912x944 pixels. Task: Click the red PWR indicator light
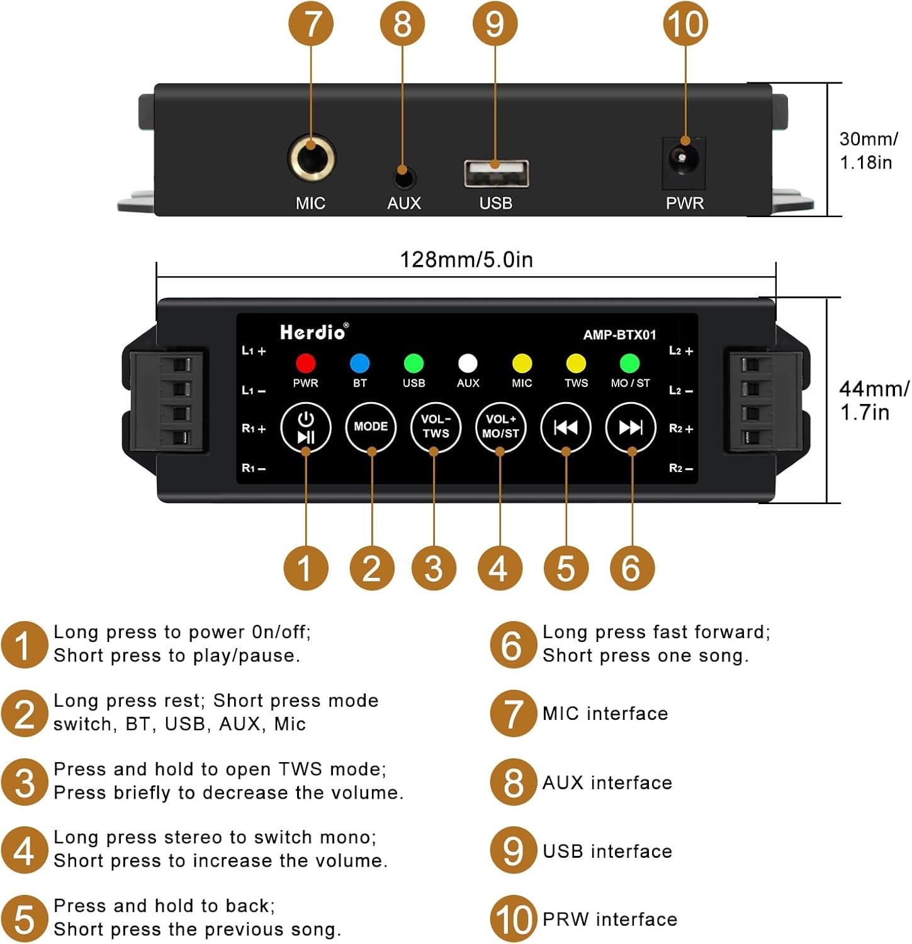(305, 363)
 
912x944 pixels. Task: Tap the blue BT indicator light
(359, 363)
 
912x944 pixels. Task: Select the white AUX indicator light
(468, 363)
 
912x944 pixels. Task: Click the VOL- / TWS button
(436, 427)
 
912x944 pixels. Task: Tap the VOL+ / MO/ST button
(500, 427)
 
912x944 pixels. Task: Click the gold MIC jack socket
(312, 157)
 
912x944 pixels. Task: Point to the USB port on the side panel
(496, 173)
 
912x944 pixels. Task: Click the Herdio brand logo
(313, 332)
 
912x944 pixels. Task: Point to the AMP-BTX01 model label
(619, 335)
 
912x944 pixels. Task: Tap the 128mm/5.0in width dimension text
(466, 259)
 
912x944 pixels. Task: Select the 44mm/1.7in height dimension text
(874, 400)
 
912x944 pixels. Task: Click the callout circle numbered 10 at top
(685, 25)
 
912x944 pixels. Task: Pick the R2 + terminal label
(681, 429)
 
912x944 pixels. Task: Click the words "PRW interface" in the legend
(609, 919)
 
